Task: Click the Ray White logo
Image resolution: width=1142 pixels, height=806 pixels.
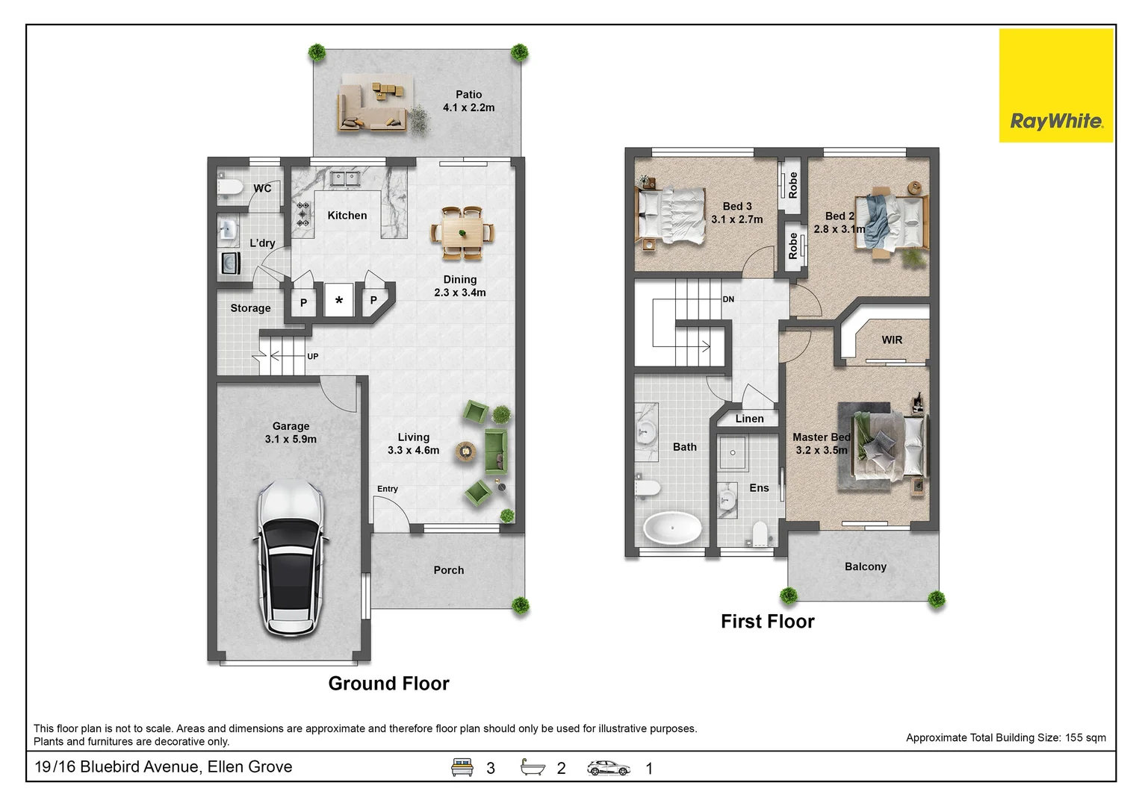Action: (x=1056, y=86)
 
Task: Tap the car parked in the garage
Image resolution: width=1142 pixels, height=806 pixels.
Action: (x=291, y=557)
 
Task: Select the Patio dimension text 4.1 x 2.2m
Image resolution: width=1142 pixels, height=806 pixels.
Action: (x=468, y=107)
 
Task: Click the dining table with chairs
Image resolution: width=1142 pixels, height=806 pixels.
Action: (x=462, y=233)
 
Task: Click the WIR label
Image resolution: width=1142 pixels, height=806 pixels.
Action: (x=892, y=340)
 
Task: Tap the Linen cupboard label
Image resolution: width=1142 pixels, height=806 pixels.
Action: (x=749, y=419)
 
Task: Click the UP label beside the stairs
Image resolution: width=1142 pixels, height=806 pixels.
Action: (x=312, y=357)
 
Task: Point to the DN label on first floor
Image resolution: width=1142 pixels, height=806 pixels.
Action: (x=728, y=299)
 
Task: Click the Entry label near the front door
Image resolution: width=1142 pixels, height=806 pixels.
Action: (x=387, y=489)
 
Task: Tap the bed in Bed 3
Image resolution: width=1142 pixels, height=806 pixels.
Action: (x=670, y=216)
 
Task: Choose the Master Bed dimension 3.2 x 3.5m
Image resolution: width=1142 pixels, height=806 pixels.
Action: (x=822, y=450)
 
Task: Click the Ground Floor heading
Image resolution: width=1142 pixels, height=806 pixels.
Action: (x=388, y=684)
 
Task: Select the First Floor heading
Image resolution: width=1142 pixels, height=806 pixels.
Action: (x=767, y=622)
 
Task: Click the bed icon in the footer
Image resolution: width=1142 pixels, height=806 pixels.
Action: (x=462, y=767)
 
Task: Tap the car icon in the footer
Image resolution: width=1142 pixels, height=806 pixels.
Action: (x=608, y=767)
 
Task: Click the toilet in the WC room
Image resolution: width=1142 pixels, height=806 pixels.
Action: (x=229, y=187)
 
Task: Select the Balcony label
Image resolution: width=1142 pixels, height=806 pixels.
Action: (x=865, y=566)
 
